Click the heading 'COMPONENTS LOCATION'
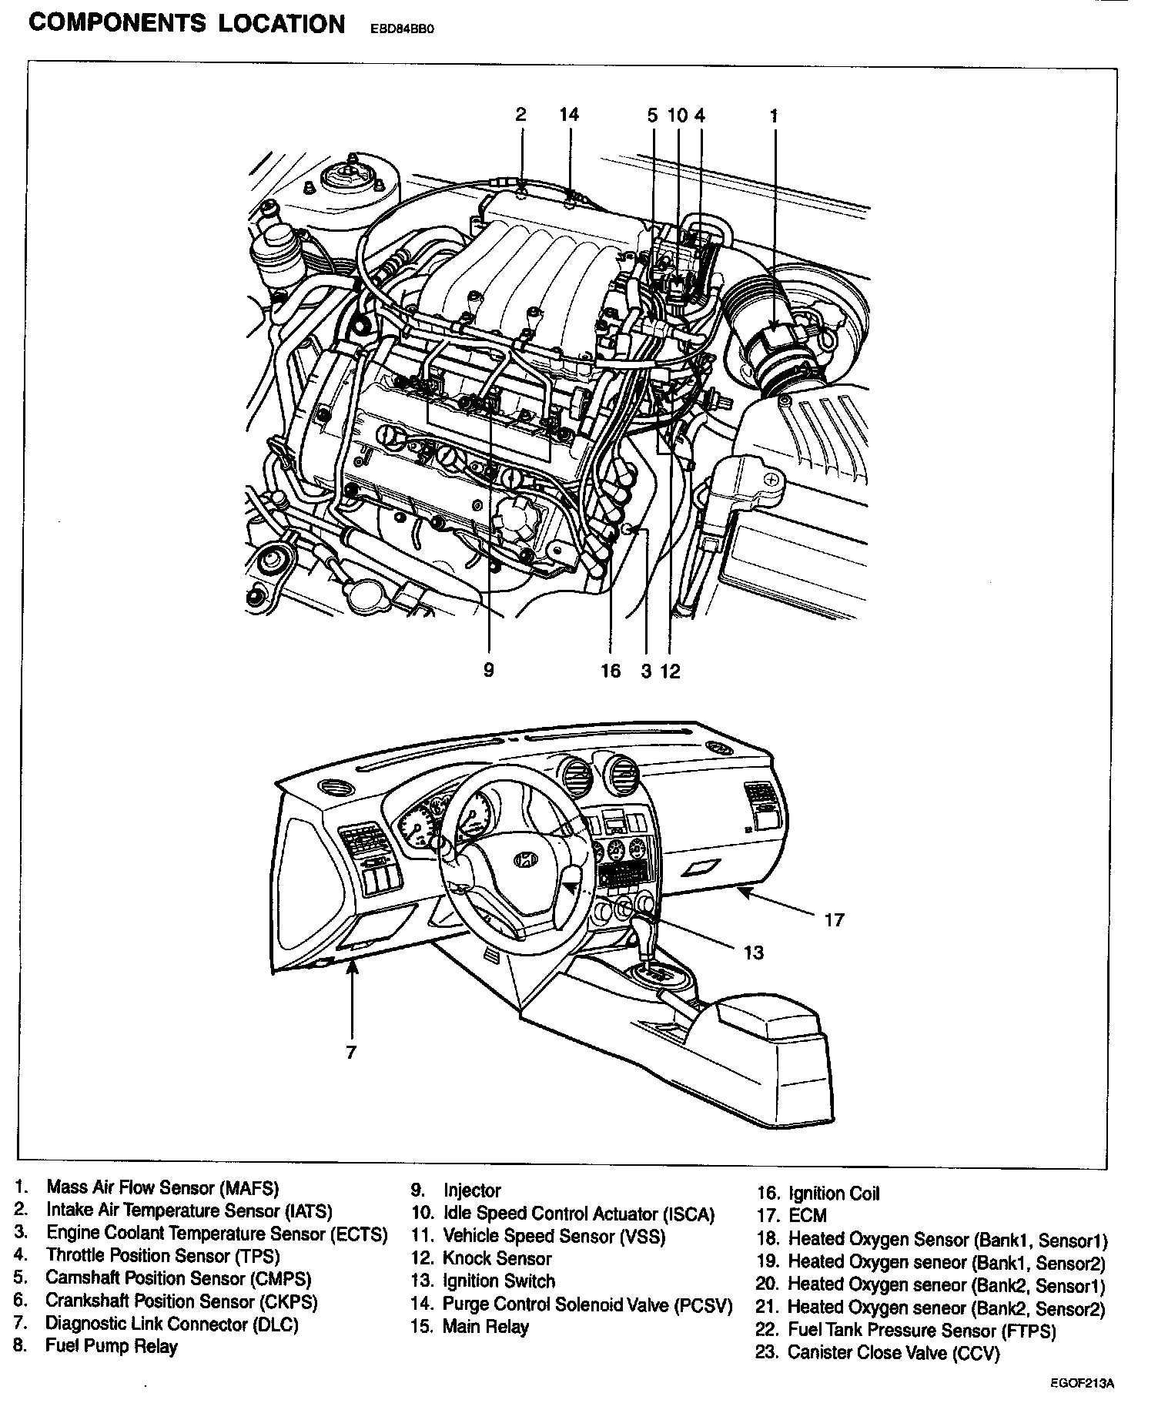tap(186, 25)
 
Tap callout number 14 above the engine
tap(569, 115)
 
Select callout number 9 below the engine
tap(489, 670)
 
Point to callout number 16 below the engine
tap(611, 671)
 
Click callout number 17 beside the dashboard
tap(834, 919)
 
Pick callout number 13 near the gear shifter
tap(753, 953)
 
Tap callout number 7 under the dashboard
tap(351, 1052)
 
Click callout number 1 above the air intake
tap(774, 116)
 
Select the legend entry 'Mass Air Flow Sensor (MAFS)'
tap(162, 1188)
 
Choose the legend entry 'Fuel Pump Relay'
tap(112, 1346)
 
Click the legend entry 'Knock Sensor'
tap(497, 1258)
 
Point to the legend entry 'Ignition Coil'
tap(833, 1194)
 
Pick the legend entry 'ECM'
tap(807, 1216)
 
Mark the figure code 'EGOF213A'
tap(1082, 1383)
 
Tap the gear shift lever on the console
tap(643, 933)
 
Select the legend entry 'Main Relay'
tap(486, 1327)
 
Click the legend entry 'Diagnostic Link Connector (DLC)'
tap(172, 1324)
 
